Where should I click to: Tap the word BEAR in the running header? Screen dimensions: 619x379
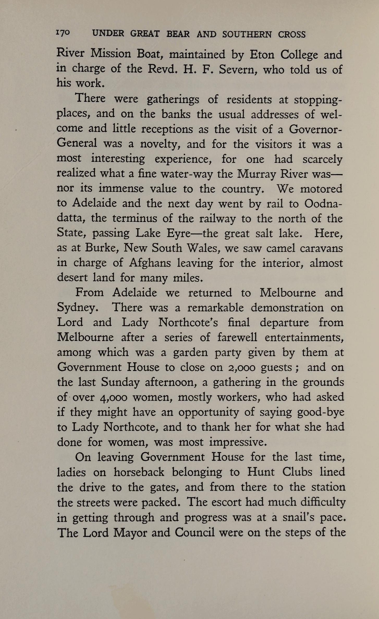[x=178, y=34]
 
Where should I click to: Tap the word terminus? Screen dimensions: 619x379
[x=135, y=218]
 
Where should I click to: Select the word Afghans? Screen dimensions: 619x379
[x=150, y=263]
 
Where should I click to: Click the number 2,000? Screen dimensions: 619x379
[x=242, y=368]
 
